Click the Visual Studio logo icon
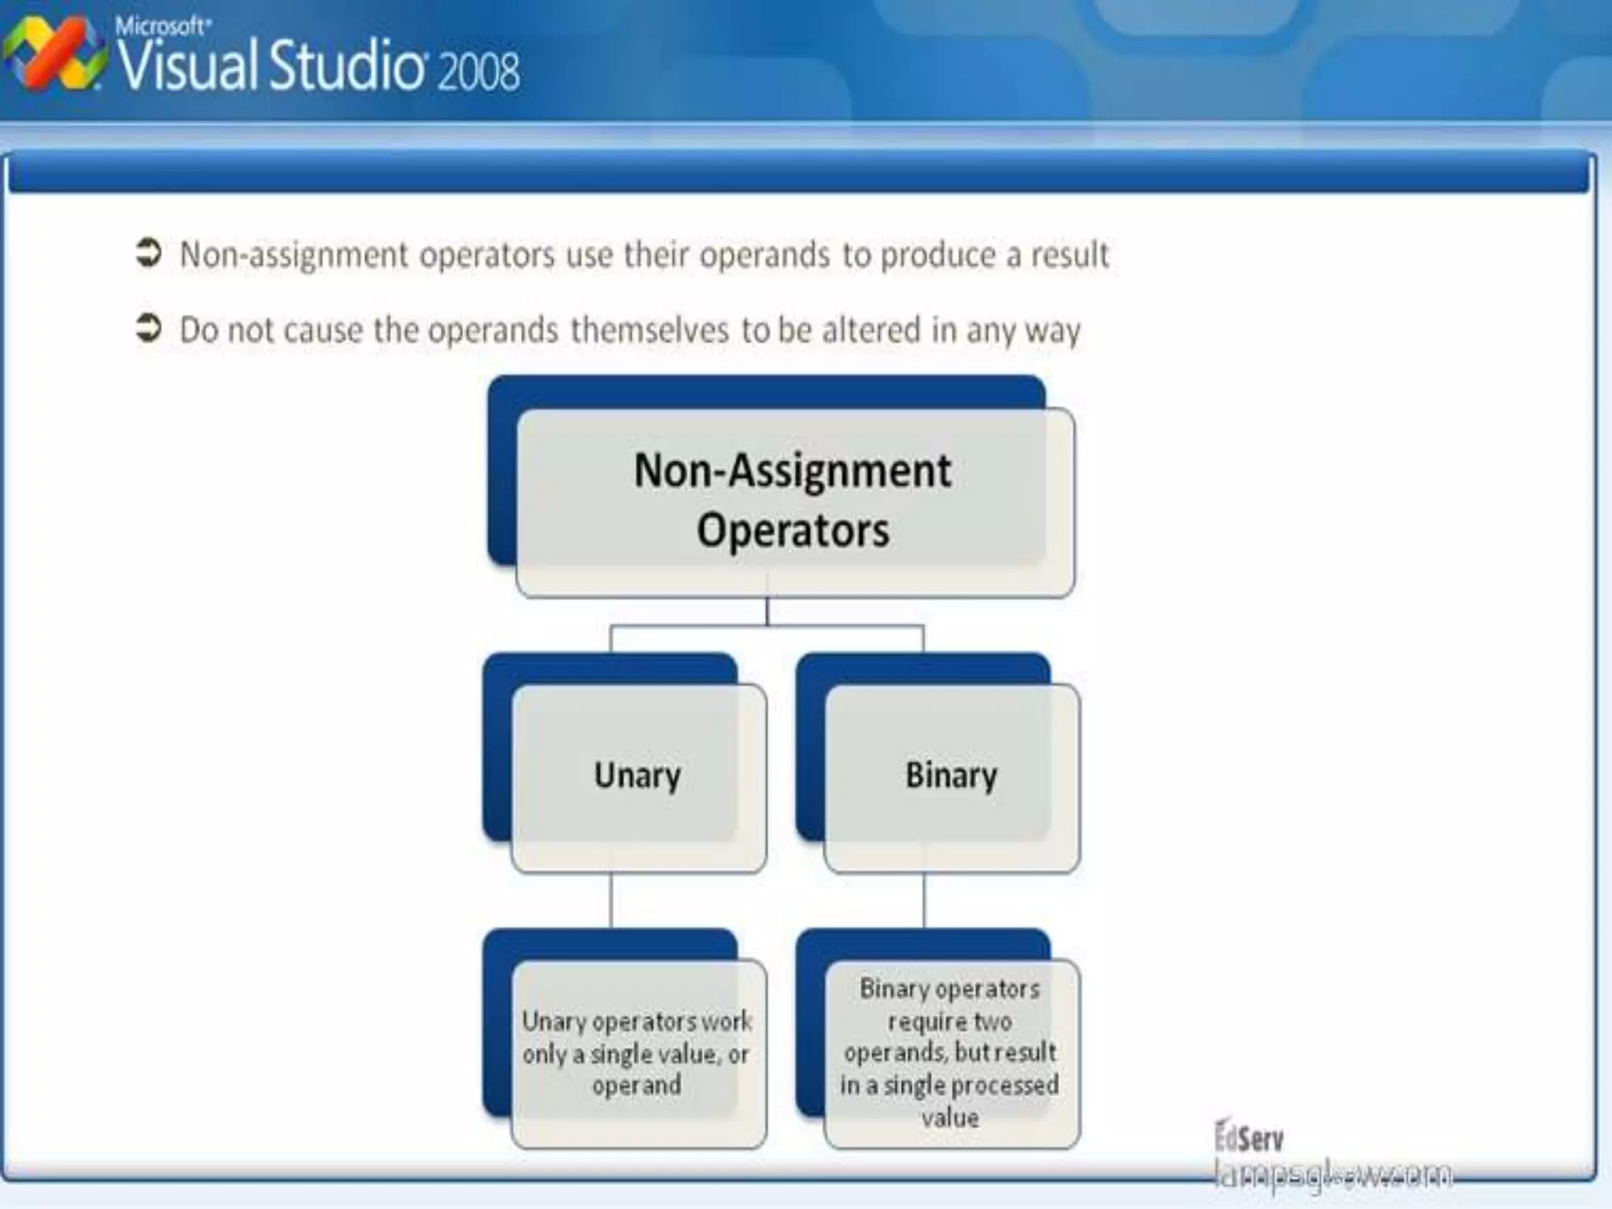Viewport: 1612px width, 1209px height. (54, 55)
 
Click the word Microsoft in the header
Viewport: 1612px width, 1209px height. (162, 26)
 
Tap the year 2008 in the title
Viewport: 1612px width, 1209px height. (479, 71)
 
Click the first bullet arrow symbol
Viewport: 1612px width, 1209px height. (148, 253)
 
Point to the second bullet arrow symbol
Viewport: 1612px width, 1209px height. (148, 327)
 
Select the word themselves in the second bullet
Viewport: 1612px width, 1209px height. (649, 330)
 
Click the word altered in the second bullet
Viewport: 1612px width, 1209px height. (871, 330)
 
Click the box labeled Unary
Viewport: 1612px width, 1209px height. (638, 777)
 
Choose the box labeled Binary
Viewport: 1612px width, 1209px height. (952, 777)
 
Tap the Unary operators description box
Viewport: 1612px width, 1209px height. (638, 1053)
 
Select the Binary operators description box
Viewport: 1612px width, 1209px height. (951, 1053)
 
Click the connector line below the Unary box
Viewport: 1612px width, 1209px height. (611, 901)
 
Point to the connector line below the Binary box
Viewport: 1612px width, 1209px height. (924, 901)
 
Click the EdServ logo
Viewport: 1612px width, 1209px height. (1249, 1138)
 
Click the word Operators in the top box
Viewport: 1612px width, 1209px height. (793, 531)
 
